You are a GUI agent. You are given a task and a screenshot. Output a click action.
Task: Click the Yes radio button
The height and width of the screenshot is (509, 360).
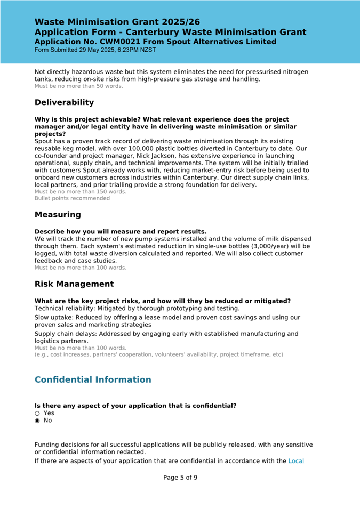37,413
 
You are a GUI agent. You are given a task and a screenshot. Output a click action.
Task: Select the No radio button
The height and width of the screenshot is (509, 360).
37,421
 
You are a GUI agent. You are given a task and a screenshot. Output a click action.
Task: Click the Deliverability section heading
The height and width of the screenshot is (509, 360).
64,102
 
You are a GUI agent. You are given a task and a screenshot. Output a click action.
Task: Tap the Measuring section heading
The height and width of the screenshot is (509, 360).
58,215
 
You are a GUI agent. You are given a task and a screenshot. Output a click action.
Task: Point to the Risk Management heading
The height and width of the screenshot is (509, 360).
74,284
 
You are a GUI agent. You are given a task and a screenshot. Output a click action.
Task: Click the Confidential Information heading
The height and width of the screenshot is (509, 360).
93,379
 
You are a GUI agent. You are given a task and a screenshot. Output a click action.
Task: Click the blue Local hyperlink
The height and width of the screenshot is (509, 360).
296,461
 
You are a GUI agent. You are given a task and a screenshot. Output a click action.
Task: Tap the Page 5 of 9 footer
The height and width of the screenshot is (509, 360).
180,478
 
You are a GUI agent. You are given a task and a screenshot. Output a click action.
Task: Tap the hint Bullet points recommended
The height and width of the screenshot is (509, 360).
72,198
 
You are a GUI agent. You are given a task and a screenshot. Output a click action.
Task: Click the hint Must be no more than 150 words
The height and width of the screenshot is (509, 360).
80,192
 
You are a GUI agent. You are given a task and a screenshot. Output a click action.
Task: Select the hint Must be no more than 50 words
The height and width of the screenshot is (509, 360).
78,86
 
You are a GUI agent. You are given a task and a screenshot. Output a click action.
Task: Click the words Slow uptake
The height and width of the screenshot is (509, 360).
53,317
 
